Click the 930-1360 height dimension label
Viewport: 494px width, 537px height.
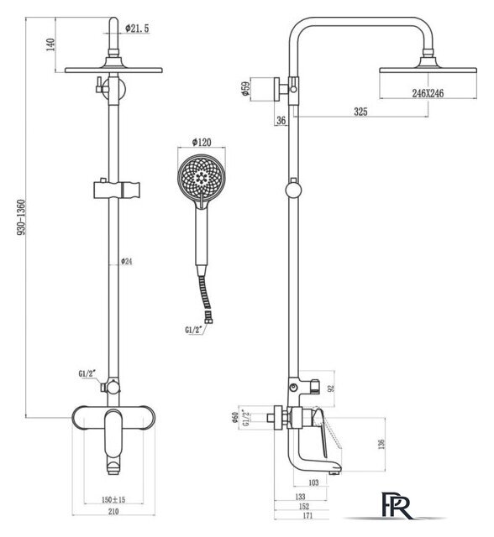(x=21, y=218)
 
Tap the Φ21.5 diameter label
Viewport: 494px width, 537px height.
(x=137, y=28)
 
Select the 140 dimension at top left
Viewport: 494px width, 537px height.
(x=50, y=44)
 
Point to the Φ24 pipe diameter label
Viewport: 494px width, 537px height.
(x=127, y=262)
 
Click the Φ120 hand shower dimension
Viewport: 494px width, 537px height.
(x=202, y=142)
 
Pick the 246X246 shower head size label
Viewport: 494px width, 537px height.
(x=428, y=93)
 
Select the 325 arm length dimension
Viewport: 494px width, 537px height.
(x=360, y=112)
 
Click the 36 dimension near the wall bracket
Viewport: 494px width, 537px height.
(x=281, y=121)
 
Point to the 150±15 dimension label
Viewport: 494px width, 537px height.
(x=113, y=500)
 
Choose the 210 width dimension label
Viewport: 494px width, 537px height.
(x=113, y=511)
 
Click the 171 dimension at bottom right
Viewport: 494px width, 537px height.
(x=307, y=515)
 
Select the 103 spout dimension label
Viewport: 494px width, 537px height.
(x=313, y=482)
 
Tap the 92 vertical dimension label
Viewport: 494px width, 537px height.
(x=330, y=388)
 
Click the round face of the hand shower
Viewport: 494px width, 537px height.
(x=202, y=178)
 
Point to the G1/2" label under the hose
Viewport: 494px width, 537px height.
(x=192, y=330)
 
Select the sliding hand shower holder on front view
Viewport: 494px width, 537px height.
(x=117, y=190)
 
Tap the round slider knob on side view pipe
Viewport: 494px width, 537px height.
(x=293, y=190)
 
